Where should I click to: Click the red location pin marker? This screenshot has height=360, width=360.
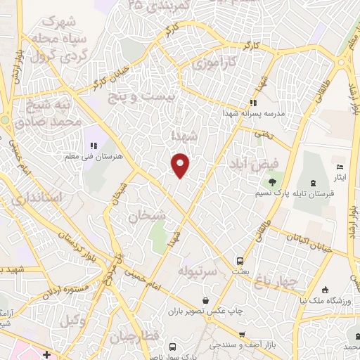(181, 164)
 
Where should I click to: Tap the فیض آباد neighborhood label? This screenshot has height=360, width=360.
(254, 163)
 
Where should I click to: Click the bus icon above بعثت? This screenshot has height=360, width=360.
(240, 259)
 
